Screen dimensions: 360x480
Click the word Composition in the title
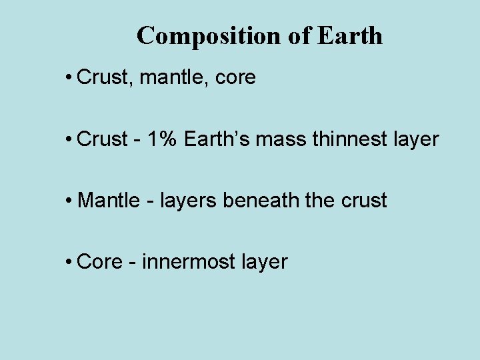coord(210,36)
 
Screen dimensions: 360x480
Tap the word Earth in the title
coord(350,36)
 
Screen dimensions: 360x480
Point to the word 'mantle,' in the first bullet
coord(171,78)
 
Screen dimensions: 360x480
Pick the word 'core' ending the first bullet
coord(235,78)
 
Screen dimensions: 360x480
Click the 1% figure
coord(163,139)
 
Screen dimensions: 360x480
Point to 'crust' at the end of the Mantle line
coord(365,201)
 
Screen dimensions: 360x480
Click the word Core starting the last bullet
coord(100,262)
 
